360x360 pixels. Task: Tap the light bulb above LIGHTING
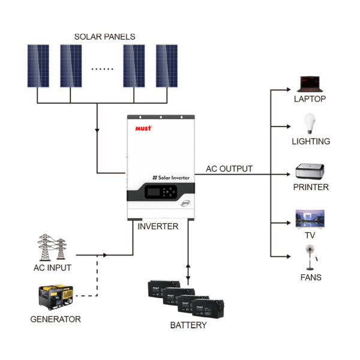coord(310,124)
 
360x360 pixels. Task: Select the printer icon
coord(310,171)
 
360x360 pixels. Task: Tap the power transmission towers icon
coord(52,247)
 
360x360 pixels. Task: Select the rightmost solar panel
coord(167,65)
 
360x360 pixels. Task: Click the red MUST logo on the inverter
coord(144,128)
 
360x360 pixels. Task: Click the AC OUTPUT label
coord(229,169)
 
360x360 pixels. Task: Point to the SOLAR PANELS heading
coord(104,37)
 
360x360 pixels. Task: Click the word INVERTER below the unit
coord(158,227)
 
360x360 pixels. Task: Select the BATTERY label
coord(188,325)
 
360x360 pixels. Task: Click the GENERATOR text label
coord(55,319)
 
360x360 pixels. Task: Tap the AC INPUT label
coord(52,268)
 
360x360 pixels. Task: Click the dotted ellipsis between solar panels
coord(102,69)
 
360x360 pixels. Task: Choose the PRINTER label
coord(311,187)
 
